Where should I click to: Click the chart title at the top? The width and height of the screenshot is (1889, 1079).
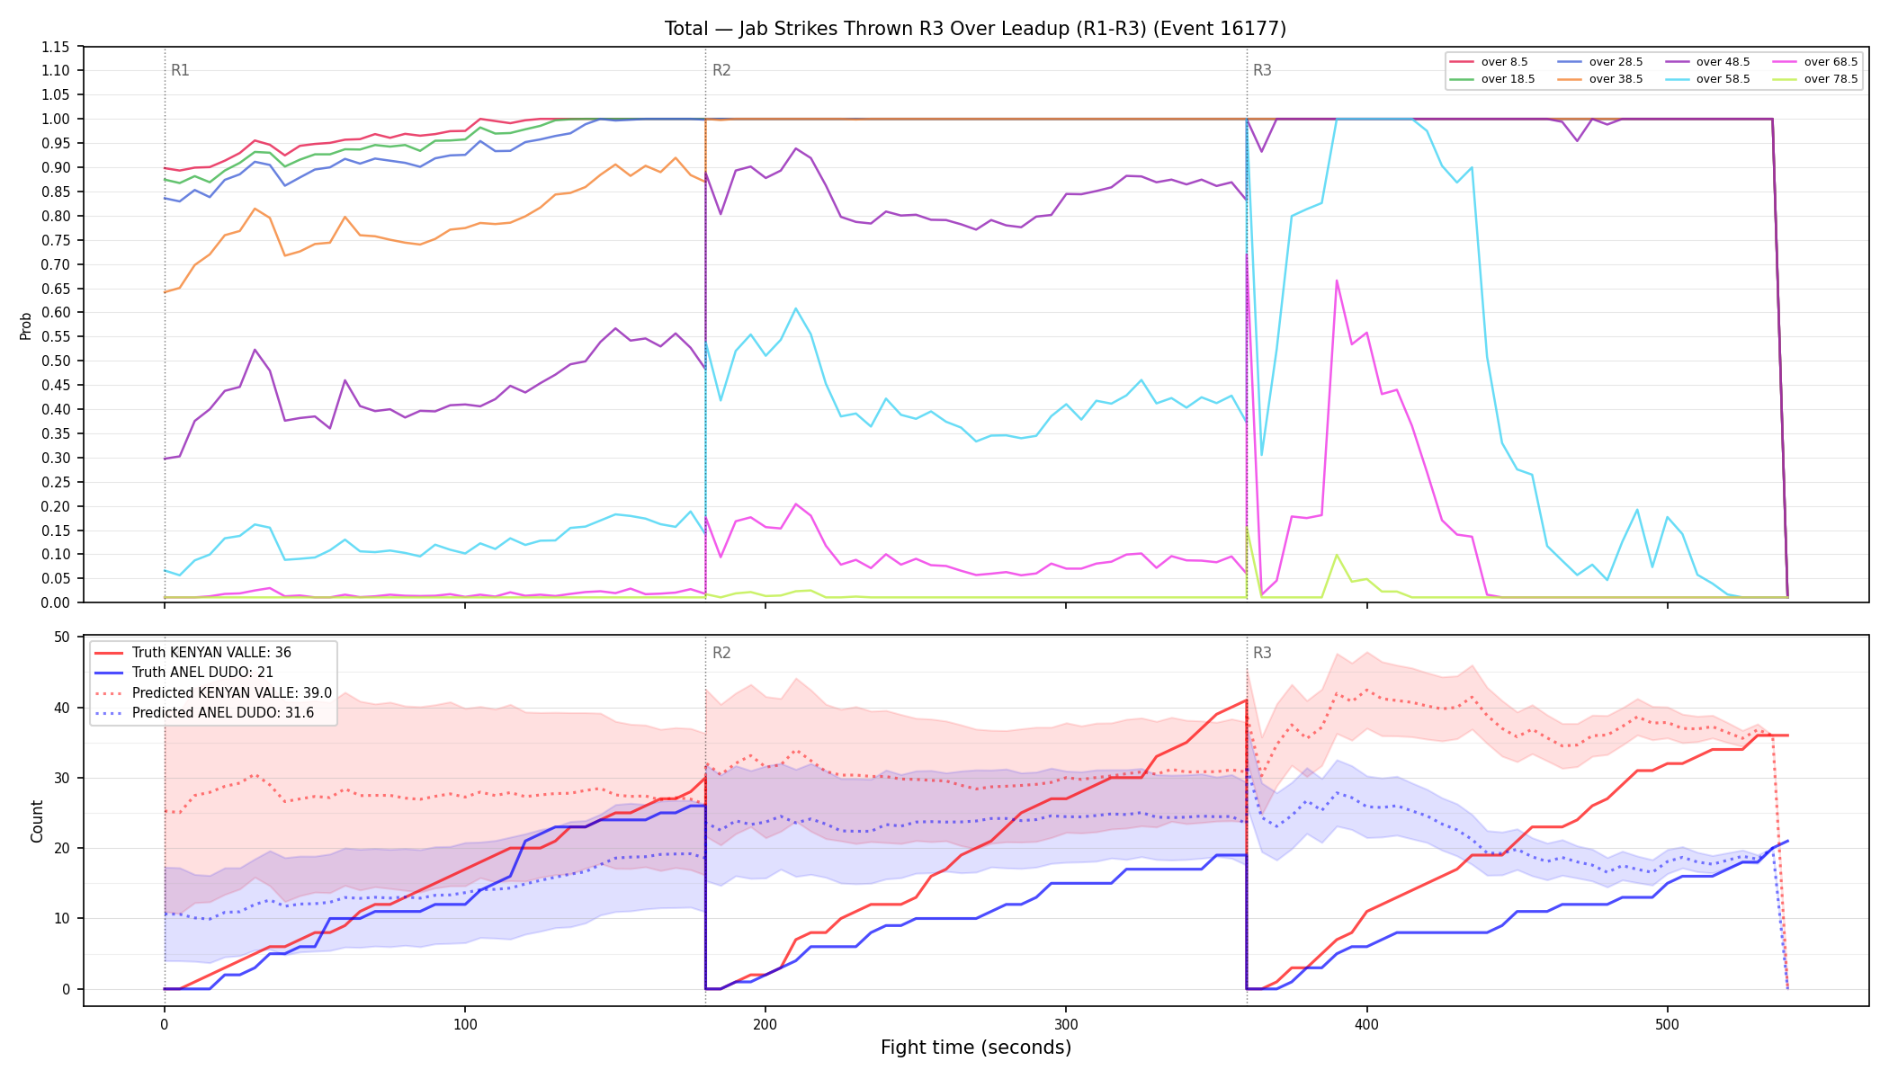point(975,29)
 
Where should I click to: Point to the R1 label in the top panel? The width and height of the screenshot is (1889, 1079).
point(180,70)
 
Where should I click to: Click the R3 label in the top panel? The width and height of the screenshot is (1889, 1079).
point(1262,70)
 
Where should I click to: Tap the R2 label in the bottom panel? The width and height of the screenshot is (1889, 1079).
point(721,653)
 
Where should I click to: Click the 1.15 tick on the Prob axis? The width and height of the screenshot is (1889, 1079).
point(56,47)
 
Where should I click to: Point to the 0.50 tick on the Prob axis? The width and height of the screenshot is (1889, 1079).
point(56,361)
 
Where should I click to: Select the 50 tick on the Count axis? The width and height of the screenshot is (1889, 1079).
point(62,637)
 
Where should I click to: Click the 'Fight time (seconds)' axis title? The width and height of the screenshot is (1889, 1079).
point(976,1048)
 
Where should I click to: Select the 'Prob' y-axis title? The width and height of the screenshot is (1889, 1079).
point(25,325)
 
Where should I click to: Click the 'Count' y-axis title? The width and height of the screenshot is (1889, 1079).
point(37,821)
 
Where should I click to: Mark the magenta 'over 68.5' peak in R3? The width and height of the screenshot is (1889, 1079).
point(1337,281)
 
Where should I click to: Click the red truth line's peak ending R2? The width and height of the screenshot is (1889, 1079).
point(1246,700)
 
